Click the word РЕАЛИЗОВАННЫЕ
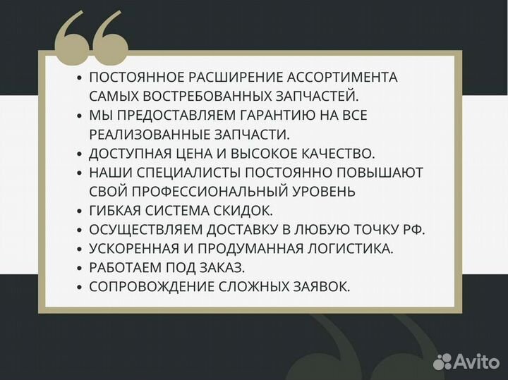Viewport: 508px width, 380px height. click(x=145, y=134)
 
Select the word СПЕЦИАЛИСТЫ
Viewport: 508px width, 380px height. click(x=193, y=172)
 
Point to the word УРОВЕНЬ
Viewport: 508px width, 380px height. click(x=325, y=191)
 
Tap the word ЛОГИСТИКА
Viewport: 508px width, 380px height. click(x=349, y=248)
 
